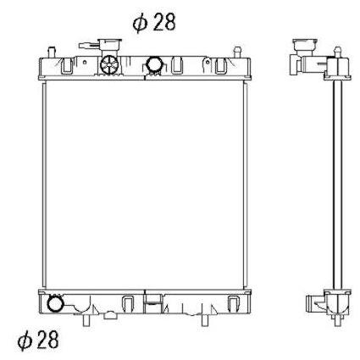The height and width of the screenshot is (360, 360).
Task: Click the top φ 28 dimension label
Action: (154, 22)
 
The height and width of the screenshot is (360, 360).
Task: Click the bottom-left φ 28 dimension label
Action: (38, 340)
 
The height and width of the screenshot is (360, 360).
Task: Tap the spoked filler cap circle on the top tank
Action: (109, 64)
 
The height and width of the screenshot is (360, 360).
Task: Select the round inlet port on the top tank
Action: (154, 64)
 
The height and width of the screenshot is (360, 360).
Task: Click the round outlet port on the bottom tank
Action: (55, 304)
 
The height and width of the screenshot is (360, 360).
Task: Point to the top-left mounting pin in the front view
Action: (52, 53)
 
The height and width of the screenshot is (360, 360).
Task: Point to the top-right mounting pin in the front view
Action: (237, 52)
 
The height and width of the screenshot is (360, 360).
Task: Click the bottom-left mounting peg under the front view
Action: (86, 320)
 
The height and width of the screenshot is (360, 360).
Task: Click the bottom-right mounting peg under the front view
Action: (205, 320)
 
